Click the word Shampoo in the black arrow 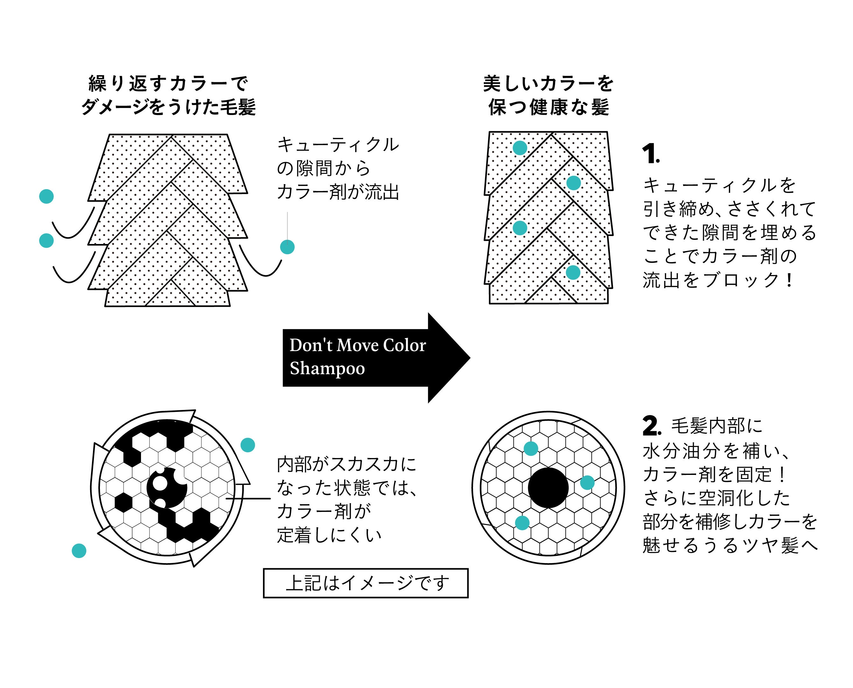coord(327,368)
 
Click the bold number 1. coord(650,154)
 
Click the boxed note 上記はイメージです coord(365,583)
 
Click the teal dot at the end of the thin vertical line coord(287,247)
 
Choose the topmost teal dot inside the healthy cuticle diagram coord(520,148)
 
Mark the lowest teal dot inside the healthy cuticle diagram coord(573,272)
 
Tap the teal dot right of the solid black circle coord(587,483)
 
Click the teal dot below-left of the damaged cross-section coord(79,550)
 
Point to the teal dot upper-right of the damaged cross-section coord(248,445)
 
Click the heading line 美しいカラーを coord(548,84)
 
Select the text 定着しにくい coord(329,535)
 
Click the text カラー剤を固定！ coord(715,474)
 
